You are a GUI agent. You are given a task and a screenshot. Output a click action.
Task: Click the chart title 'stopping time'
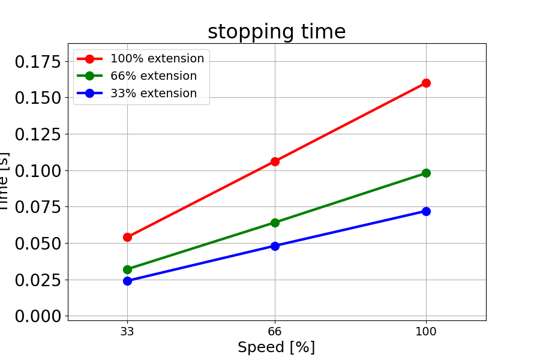coord(277,32)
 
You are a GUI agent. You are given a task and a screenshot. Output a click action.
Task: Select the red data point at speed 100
coord(426,83)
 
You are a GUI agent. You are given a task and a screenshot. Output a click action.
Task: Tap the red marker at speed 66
coord(275,161)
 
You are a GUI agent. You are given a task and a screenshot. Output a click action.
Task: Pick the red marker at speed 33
coord(127,237)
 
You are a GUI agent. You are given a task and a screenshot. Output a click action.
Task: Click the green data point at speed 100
coord(426,173)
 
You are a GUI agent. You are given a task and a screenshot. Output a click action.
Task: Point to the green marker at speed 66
coord(275,223)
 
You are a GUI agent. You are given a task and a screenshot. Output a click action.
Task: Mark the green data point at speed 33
coord(127,269)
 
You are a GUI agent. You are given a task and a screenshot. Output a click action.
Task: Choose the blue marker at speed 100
coord(426,211)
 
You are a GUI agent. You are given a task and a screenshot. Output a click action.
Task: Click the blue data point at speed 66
coord(275,246)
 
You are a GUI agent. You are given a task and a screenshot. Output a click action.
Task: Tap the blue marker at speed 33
coord(127,281)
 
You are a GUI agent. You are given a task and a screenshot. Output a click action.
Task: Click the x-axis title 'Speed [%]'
coord(276,347)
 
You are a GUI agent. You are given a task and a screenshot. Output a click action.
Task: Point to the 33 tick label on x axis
coord(127,331)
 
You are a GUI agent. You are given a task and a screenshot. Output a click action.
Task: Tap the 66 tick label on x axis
coord(275,331)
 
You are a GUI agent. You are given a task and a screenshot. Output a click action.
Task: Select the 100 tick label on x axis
coord(426,331)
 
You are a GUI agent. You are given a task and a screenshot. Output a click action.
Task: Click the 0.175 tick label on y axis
coord(37,61)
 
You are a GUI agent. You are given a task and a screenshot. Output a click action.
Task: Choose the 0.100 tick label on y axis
coord(37,170)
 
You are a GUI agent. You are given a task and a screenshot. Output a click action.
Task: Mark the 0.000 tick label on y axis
coord(37,316)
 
